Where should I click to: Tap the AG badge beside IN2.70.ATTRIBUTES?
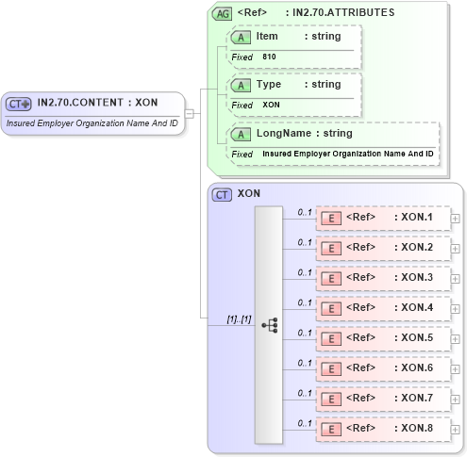pos(223,13)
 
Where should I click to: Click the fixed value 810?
pos(269,57)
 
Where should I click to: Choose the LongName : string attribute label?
pos(304,134)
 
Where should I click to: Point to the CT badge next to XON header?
pos(223,194)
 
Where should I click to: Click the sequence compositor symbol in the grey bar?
pos(269,325)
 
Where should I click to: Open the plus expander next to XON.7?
pos(456,399)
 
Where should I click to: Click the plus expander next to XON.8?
pos(456,429)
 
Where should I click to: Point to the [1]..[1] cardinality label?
pos(238,319)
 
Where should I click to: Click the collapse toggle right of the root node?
pos(190,114)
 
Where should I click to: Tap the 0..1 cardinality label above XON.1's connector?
pos(305,212)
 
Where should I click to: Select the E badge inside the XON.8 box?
pos(331,429)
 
